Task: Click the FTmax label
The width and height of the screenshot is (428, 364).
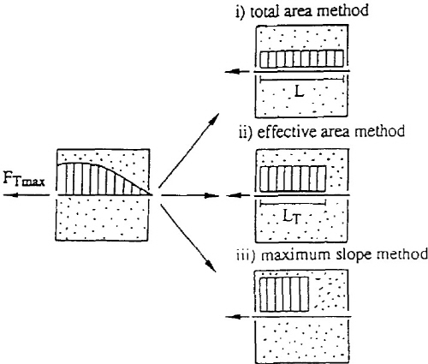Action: coord(24,179)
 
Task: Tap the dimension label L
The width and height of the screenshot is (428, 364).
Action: coord(299,92)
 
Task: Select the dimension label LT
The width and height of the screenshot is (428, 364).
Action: coord(292,218)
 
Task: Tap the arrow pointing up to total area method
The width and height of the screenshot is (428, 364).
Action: coord(189,150)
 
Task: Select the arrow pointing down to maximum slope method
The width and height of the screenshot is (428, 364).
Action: coord(187,237)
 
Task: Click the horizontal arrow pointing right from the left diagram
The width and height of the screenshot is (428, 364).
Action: coord(190,195)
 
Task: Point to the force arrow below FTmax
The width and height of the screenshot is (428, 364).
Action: coord(27,195)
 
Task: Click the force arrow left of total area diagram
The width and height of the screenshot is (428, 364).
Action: coord(237,71)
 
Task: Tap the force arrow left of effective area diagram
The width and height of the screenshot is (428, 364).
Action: coord(238,195)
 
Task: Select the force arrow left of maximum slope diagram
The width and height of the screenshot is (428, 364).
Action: coord(238,316)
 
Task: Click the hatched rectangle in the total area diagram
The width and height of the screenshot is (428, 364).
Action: coord(301,59)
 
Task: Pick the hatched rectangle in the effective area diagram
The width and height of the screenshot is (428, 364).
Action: coord(293,179)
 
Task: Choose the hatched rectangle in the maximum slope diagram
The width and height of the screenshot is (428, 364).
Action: coord(284,294)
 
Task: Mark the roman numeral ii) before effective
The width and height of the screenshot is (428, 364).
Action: coord(246,133)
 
